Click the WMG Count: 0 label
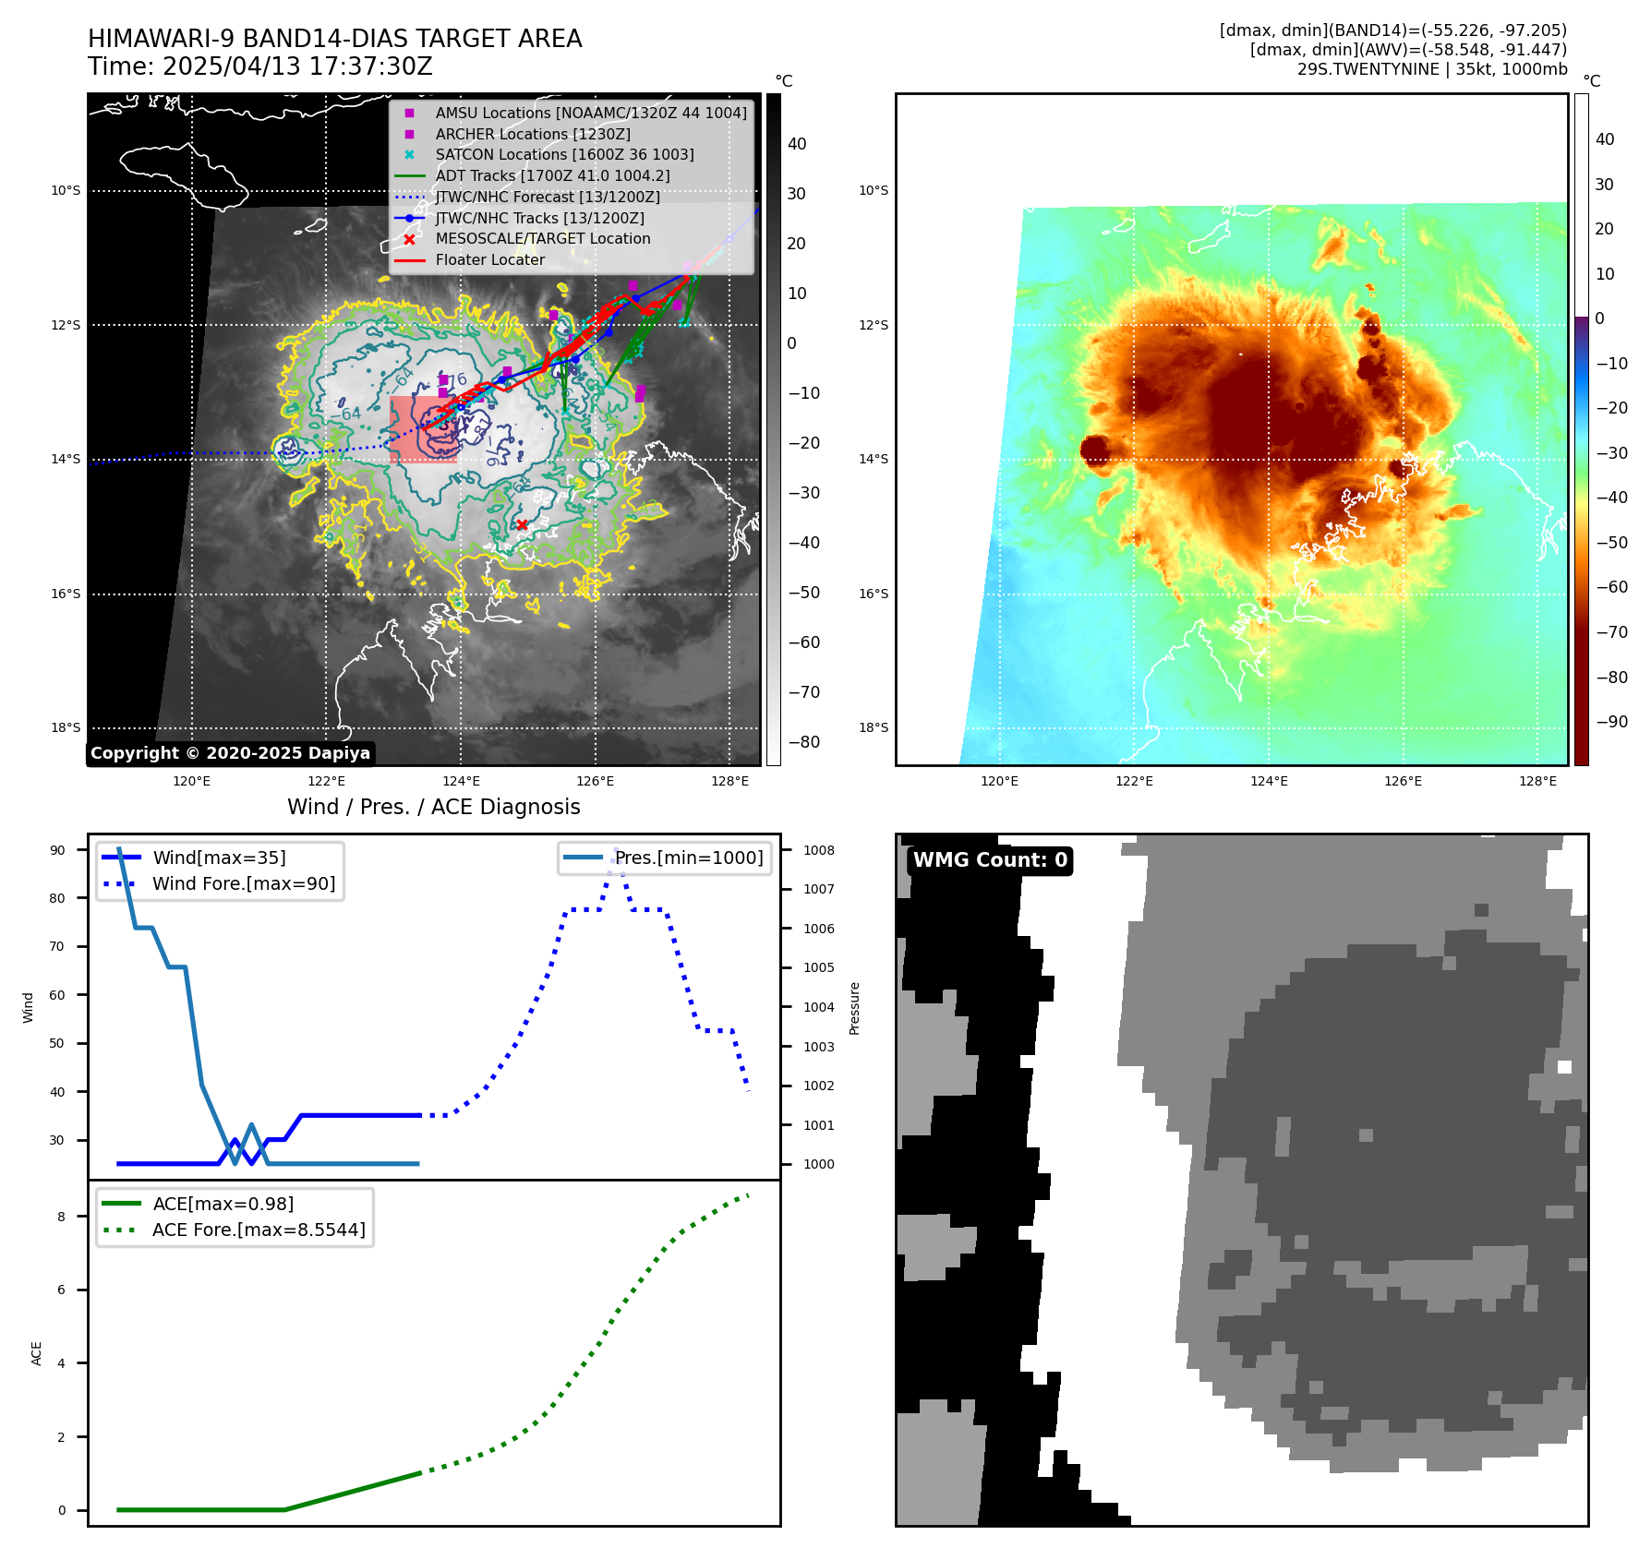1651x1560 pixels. point(990,860)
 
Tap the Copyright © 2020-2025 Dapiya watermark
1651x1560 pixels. point(230,753)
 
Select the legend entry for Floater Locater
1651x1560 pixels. point(489,260)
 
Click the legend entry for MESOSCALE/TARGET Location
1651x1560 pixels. point(542,239)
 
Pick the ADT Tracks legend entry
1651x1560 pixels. point(552,175)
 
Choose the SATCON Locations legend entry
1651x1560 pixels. point(564,155)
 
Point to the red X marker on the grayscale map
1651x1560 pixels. point(522,524)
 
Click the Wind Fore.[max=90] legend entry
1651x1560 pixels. point(244,883)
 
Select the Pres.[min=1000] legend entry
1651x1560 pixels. point(689,858)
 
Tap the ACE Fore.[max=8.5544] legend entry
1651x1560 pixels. point(259,1230)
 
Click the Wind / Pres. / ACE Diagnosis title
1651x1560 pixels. point(434,807)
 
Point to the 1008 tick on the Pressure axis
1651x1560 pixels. point(818,850)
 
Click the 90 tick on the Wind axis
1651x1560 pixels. point(57,850)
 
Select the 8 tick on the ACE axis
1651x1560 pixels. point(62,1217)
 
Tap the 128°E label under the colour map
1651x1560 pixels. point(1537,782)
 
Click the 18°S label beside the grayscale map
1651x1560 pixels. point(66,728)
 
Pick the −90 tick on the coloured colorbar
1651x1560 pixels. point(1612,722)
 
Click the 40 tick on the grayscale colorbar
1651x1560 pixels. point(797,144)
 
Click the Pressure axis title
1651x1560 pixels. point(855,1008)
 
